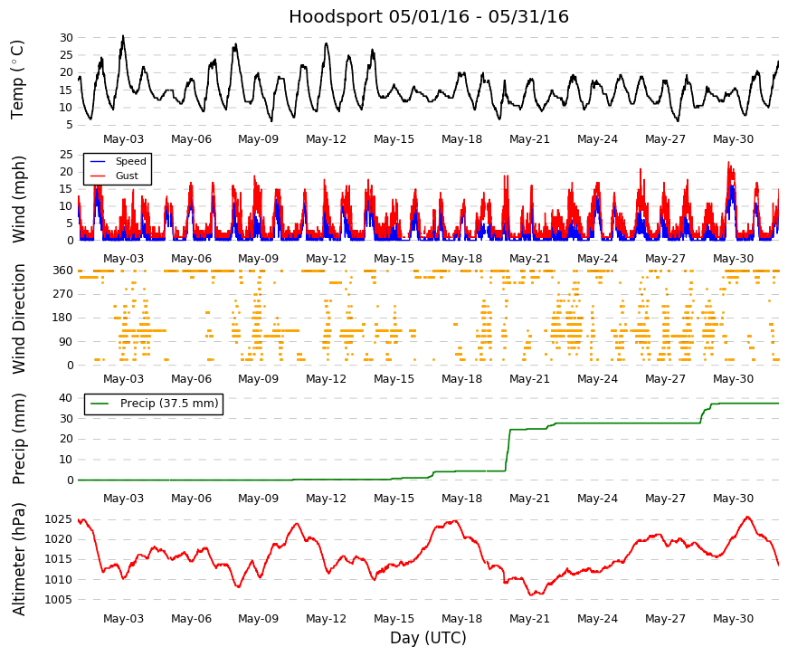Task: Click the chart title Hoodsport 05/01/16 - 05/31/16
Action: (429, 16)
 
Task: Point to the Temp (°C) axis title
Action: (17, 80)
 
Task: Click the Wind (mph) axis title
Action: (18, 200)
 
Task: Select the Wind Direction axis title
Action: (18, 319)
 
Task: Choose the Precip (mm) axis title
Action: (18, 439)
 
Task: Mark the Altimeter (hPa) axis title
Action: (18, 559)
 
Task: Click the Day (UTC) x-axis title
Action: (428, 638)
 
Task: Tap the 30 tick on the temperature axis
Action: (66, 38)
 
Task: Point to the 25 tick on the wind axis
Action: (66, 155)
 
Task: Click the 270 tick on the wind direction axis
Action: (62, 294)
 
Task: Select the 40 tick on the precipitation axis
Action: (66, 397)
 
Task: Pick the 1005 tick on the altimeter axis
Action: (58, 600)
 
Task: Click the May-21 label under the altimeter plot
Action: (529, 619)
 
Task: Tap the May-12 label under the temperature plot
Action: (327, 139)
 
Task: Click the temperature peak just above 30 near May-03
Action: (123, 36)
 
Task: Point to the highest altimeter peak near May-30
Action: (747, 517)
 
